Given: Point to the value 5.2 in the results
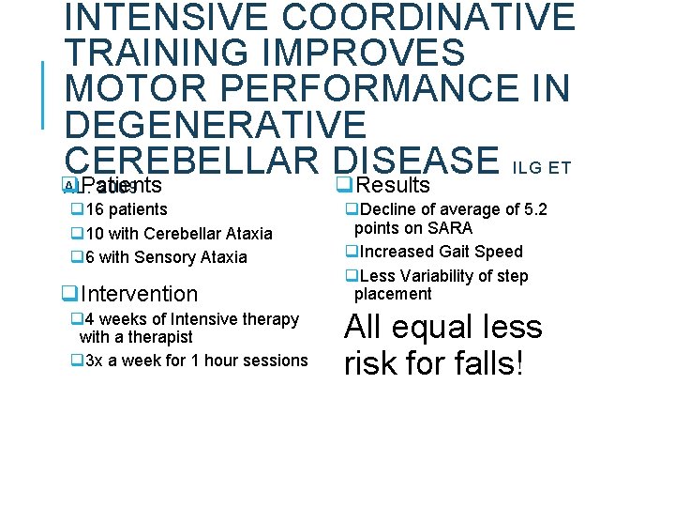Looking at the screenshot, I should click(533, 209).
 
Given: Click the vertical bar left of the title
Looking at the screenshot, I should click(43, 94).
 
